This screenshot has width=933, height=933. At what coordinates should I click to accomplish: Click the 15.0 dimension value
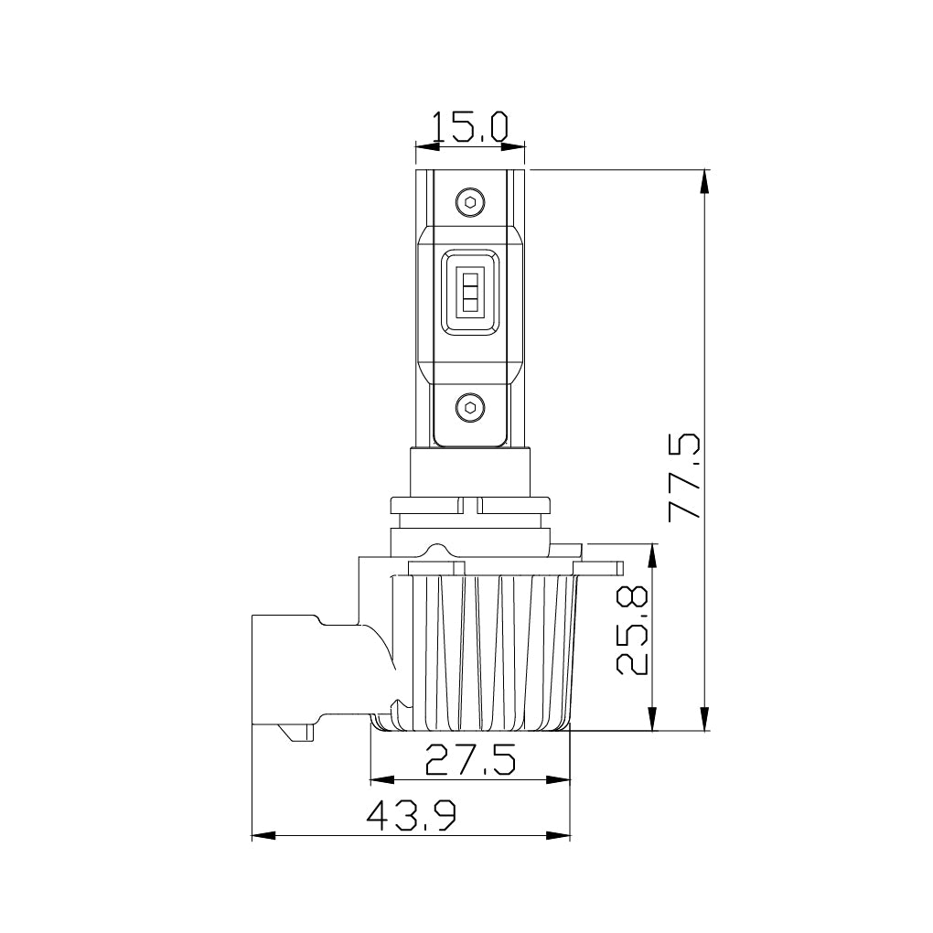[x=470, y=126]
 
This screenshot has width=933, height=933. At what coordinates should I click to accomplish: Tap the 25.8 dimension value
[x=632, y=630]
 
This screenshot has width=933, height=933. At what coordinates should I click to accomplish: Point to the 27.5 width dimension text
[x=470, y=759]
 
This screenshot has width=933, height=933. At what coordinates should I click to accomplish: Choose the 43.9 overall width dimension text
[x=412, y=815]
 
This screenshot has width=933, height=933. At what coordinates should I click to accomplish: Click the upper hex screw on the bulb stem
[x=470, y=202]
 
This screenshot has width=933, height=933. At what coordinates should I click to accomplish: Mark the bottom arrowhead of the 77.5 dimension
[x=704, y=720]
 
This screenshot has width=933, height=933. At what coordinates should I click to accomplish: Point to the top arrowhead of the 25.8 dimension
[x=652, y=554]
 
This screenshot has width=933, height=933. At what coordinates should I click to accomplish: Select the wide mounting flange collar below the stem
[x=470, y=506]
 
